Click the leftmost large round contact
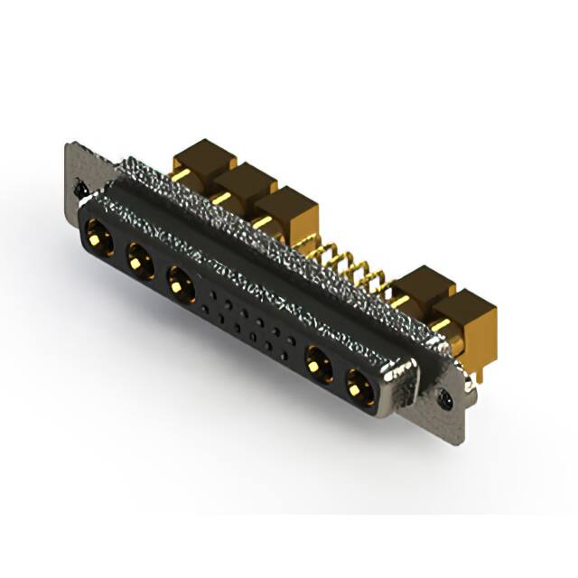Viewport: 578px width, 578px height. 97,240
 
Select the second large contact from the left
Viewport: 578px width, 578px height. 138,263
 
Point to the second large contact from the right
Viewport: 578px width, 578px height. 316,365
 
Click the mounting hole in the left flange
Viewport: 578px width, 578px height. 79,191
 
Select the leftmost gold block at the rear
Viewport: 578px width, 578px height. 201,163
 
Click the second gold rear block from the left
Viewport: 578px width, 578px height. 243,185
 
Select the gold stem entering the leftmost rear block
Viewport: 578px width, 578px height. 180,174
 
